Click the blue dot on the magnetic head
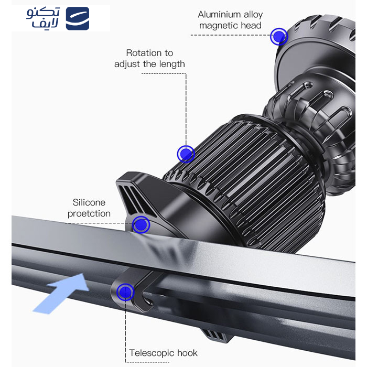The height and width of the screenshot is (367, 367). pos(279,37)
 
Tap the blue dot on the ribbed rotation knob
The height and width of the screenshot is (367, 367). pos(186,154)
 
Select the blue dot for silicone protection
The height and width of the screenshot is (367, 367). pos(141,225)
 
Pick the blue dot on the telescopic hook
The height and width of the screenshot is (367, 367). pos(125,292)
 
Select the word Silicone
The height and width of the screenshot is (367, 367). pos(89,202)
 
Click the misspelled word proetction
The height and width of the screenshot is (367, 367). pos(89,214)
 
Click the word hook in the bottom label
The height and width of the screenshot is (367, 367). pos(187,353)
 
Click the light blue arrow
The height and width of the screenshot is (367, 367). pos(61,293)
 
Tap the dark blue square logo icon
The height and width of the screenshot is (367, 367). pos(78,18)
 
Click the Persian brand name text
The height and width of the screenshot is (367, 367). pos(44,18)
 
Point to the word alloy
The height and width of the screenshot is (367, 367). pos(253,15)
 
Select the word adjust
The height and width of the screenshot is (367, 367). pos(127,64)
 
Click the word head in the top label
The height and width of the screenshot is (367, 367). pos(251,25)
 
